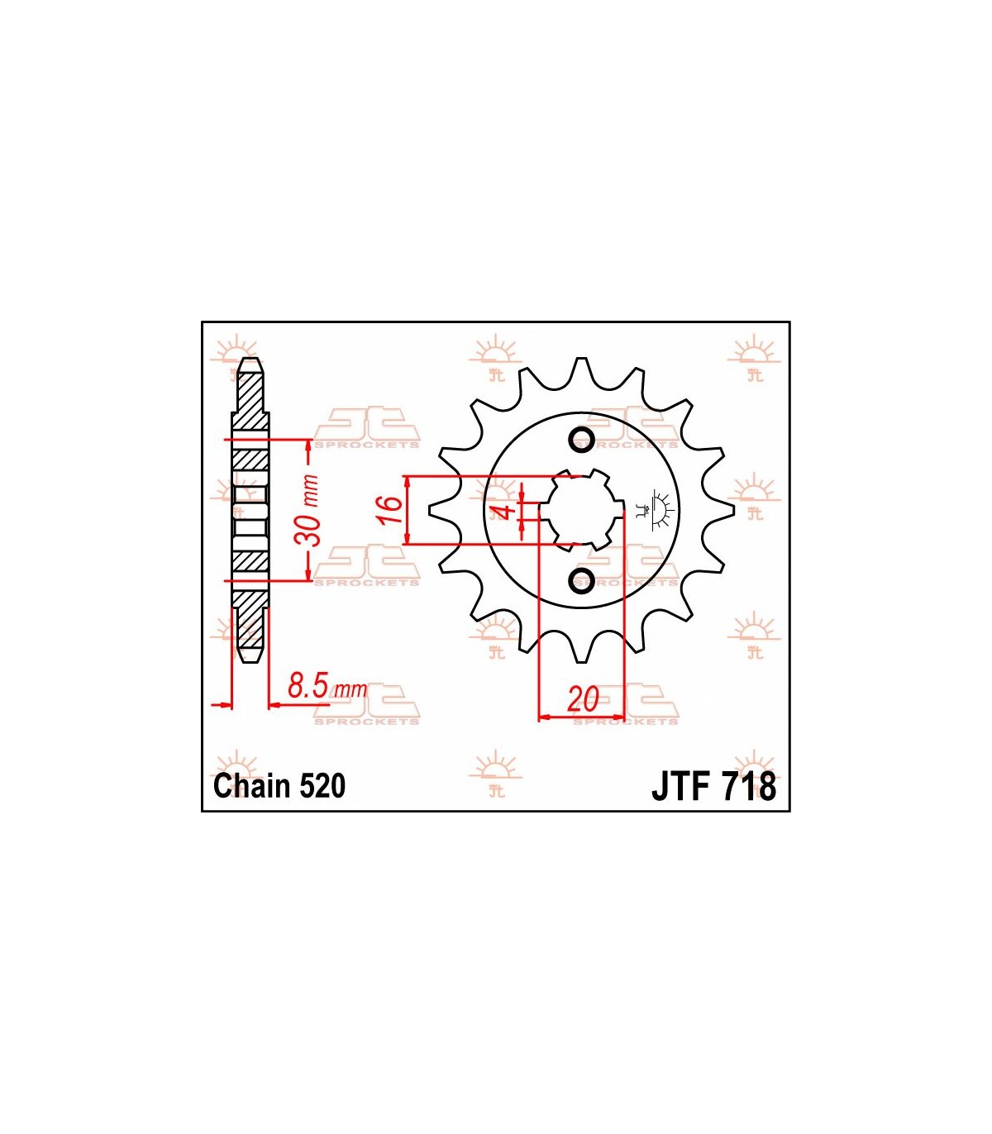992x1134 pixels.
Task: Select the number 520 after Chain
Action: pos(322,786)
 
